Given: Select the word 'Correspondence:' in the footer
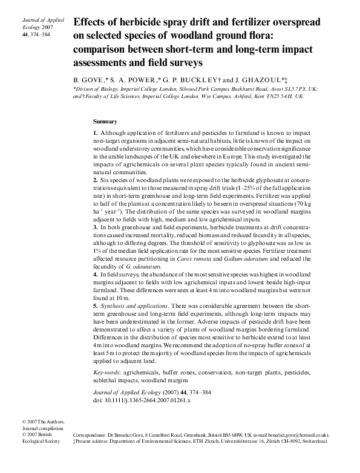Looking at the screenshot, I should (x=90, y=435).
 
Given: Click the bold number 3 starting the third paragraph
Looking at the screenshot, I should (x=95, y=227).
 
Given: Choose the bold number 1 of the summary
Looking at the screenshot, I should (x=95, y=132).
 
